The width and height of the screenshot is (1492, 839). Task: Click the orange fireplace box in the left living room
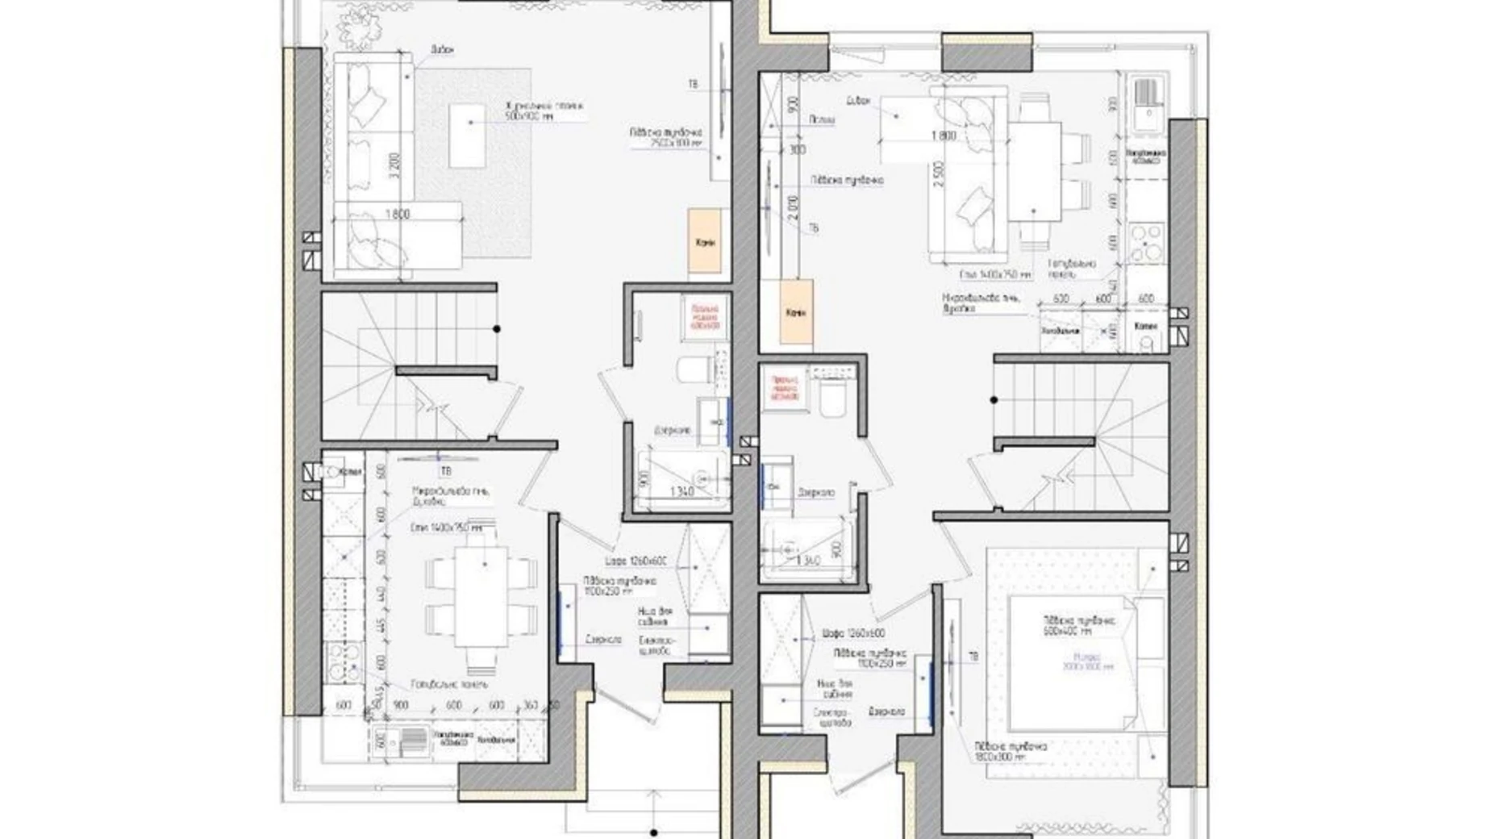704,240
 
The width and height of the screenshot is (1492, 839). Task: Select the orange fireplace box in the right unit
795,311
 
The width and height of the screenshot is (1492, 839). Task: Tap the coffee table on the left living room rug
468,136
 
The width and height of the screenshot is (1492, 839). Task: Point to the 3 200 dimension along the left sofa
392,165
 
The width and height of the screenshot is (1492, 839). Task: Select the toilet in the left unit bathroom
693,369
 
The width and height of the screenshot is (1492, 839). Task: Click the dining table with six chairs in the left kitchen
481,596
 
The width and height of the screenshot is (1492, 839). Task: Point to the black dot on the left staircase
497,329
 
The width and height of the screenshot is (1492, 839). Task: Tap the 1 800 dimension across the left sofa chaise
397,214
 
